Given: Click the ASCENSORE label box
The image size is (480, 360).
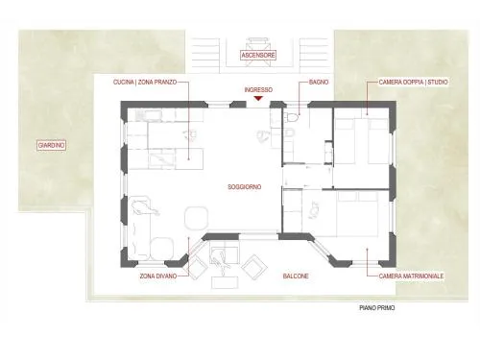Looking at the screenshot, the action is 258,55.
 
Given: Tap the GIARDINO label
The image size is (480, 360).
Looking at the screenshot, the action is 51,145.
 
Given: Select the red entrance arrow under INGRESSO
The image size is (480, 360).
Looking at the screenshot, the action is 258,98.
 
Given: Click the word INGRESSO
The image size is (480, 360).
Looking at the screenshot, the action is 258,90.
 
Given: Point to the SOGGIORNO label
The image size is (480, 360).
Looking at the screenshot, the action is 245,187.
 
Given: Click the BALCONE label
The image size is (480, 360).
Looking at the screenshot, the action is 296,276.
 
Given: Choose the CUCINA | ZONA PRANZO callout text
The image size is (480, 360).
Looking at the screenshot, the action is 145,83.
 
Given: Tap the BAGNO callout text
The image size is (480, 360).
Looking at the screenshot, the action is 319,83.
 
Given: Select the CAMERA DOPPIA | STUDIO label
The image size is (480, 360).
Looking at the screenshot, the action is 414,83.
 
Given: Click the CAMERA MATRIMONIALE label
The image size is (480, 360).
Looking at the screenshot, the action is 411,276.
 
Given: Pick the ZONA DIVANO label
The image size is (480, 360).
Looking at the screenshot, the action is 158,276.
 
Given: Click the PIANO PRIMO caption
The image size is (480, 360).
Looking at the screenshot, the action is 377,308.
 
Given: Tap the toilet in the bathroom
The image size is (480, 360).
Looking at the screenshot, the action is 292,117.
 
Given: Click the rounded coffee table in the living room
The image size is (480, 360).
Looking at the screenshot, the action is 197,218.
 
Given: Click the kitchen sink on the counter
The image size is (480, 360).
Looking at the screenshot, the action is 148,115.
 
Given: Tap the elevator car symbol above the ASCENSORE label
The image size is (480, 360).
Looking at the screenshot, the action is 258,52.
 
